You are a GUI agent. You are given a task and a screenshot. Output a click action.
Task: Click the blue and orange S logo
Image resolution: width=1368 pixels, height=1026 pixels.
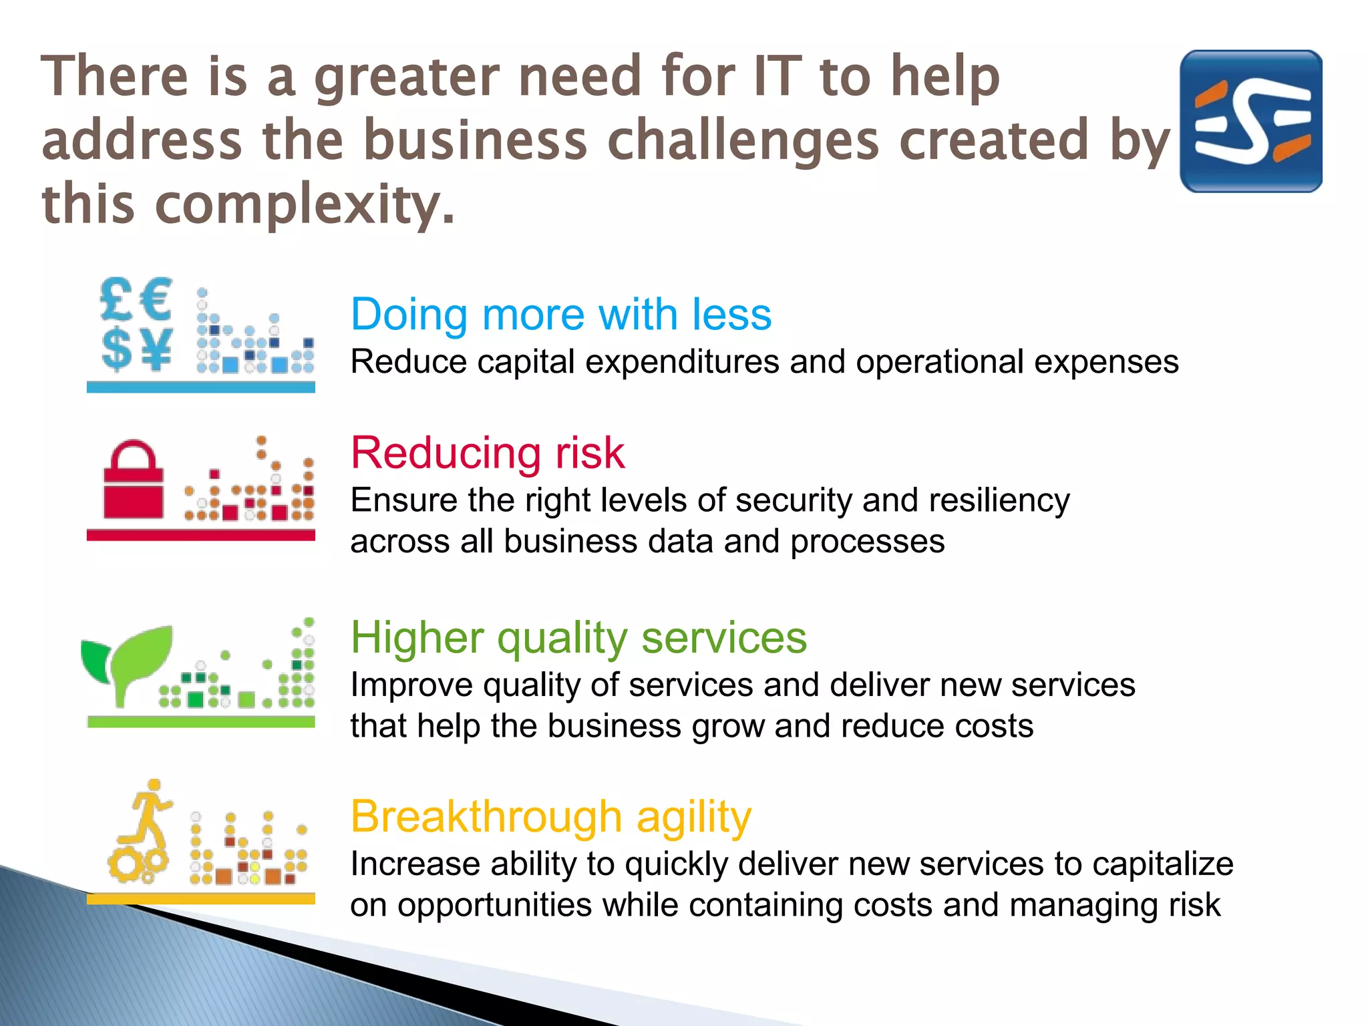[1250, 121]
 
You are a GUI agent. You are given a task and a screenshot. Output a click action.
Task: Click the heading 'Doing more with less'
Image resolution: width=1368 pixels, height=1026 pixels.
[561, 314]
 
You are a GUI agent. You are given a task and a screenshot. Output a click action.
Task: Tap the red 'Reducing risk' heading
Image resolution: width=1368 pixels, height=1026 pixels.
[488, 453]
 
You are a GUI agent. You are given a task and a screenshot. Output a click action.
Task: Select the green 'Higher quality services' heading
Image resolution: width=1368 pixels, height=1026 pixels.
[578, 637]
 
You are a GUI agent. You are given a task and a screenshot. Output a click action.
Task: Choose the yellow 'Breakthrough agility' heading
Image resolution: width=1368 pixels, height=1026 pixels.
[551, 816]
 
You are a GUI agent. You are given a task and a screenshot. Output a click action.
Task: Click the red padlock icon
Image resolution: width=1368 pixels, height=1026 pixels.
[134, 481]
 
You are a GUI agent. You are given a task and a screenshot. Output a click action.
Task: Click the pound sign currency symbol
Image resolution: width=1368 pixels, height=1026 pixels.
[116, 300]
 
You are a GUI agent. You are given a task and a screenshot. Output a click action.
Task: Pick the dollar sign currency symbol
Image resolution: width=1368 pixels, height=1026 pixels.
[116, 348]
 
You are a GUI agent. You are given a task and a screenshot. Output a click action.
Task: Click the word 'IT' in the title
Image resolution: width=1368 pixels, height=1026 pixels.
[777, 77]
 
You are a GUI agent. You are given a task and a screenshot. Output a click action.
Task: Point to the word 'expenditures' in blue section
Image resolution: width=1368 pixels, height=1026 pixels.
[681, 363]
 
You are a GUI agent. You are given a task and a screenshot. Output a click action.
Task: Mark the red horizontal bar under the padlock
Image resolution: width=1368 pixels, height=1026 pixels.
[200, 535]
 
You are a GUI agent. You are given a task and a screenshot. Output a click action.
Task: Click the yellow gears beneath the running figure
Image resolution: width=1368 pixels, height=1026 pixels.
[137, 865]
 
